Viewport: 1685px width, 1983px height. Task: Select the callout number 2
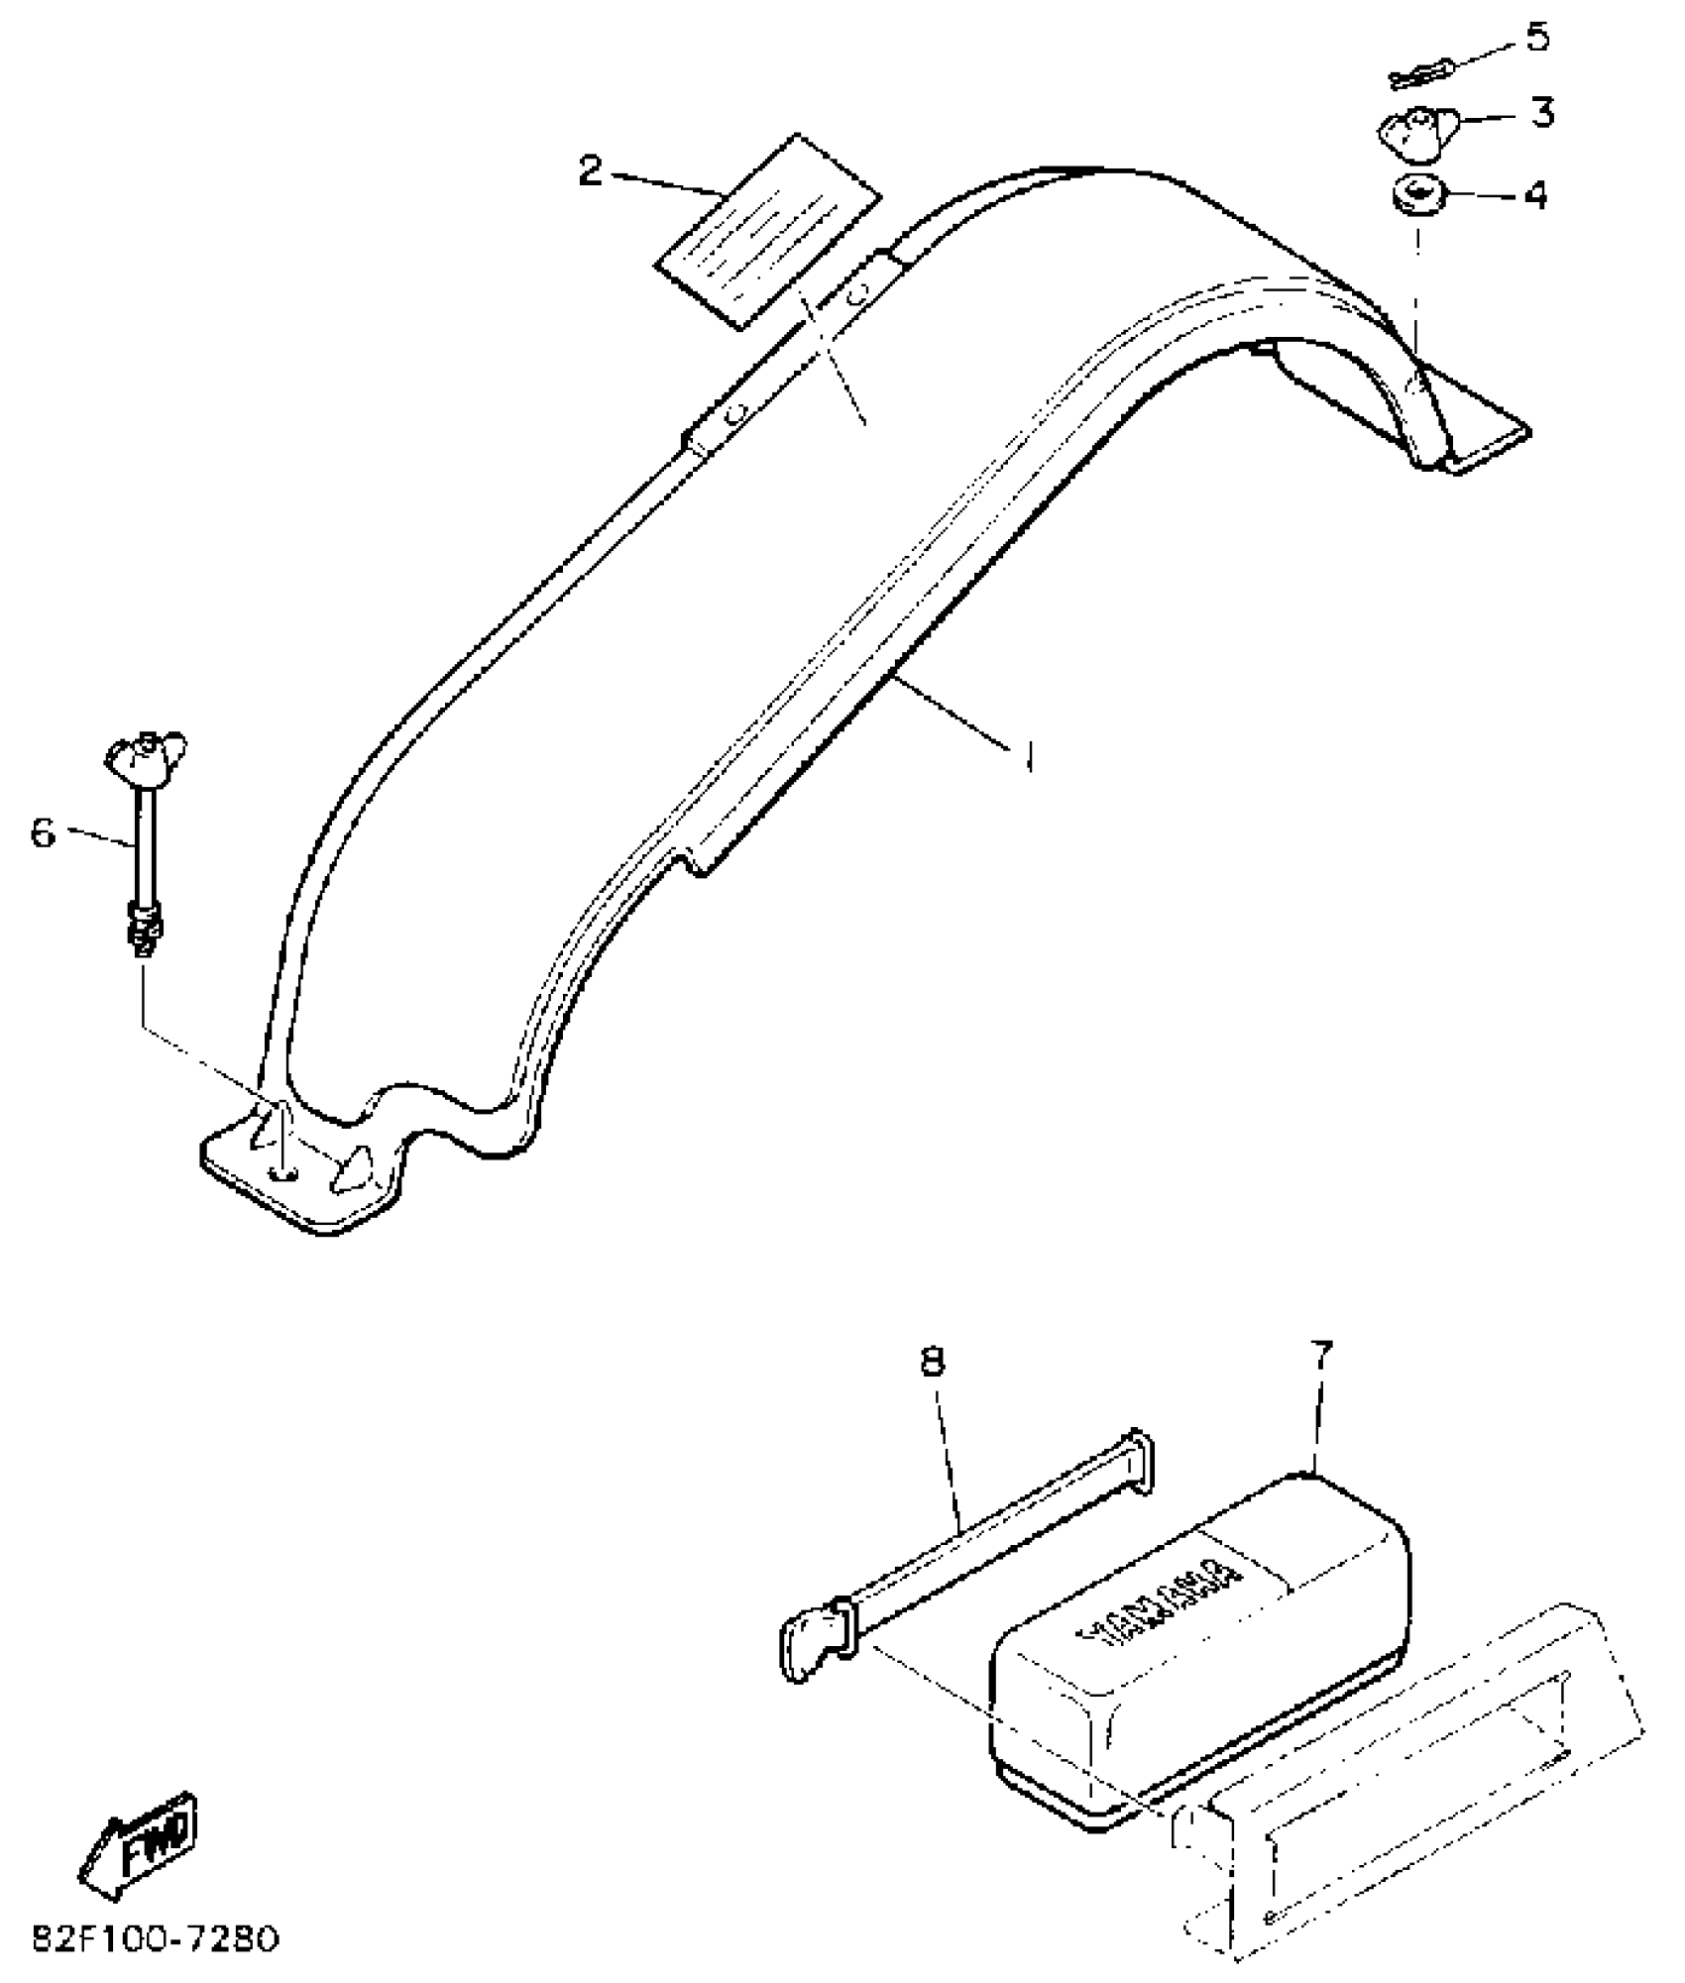pos(591,171)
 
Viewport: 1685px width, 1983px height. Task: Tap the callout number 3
pos(1541,113)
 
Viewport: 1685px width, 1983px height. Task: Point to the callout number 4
pos(1534,195)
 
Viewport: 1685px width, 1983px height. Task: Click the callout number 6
pos(44,832)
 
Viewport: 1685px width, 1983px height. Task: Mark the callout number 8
pos(932,1362)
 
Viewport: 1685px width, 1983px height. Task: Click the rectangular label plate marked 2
pos(767,230)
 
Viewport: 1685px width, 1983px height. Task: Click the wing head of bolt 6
pos(146,751)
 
